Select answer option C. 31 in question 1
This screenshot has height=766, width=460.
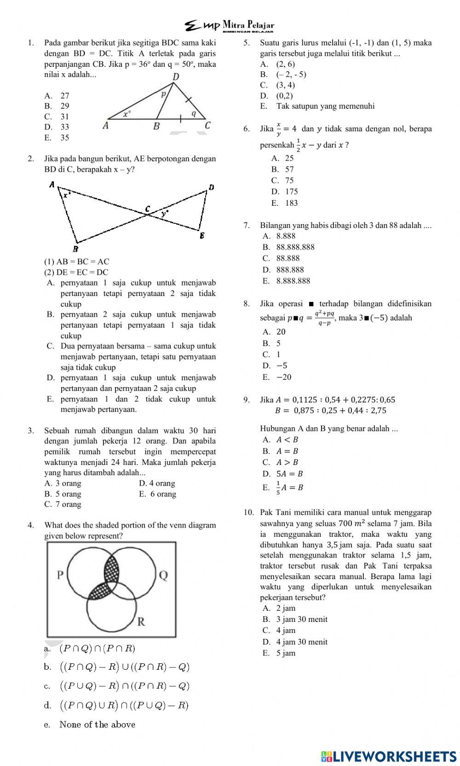[57, 117]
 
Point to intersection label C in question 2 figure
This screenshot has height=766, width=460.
[147, 209]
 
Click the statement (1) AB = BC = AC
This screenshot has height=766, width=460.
[77, 261]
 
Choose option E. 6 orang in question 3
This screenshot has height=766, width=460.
[157, 494]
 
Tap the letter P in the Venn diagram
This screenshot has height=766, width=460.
[60, 575]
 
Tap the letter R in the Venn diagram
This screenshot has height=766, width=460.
[142, 622]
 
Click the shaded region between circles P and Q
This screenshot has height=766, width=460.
[111, 571]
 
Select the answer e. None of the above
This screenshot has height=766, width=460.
[90, 725]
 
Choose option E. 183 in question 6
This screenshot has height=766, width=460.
[285, 203]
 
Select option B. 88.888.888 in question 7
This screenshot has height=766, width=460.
[289, 247]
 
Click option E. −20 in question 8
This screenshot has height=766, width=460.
[277, 377]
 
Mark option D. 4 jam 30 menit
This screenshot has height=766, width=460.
[295, 642]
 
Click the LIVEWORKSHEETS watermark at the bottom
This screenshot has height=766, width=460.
[389, 756]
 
